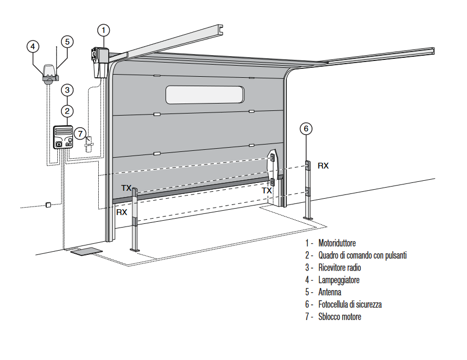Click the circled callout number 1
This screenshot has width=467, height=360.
[104, 29]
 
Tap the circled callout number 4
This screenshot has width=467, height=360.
[33, 46]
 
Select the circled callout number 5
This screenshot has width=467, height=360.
[67, 41]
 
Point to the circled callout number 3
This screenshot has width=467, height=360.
[67, 90]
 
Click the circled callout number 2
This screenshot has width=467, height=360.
[67, 111]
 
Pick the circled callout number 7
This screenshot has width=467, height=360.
[79, 133]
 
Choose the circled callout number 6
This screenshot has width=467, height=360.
[306, 128]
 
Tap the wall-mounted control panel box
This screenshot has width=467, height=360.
[64, 138]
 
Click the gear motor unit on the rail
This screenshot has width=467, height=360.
[100, 61]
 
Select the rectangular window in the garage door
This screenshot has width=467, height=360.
[205, 95]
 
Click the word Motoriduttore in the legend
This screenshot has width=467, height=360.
[337, 243]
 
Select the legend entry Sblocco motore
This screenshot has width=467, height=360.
[339, 316]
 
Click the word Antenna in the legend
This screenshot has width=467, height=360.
[329, 292]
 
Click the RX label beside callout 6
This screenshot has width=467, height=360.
[323, 166]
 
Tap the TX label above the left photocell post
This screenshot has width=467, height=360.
[127, 188]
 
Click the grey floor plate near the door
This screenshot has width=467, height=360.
[86, 251]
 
